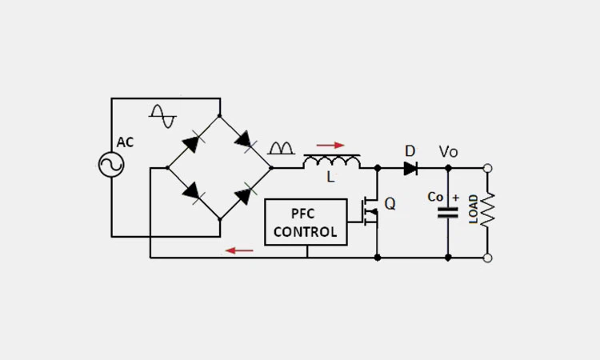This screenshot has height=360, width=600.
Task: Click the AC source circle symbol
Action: pos(111,165)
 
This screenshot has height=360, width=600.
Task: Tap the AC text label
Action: pos(126,142)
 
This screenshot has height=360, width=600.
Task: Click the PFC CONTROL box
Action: pos(306,222)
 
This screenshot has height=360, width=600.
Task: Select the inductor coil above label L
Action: pos(332,162)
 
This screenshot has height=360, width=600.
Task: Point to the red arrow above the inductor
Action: pos(330,146)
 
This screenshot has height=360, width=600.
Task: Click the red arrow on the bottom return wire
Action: pos(238,250)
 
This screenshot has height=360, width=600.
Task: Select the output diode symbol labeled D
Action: pos(410,168)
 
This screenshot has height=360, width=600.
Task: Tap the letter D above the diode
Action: pos(410,151)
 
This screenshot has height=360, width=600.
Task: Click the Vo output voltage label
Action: pos(448,151)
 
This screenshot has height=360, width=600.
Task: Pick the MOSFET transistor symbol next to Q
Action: pos(370,211)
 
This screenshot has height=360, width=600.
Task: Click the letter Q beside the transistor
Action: pos(390,204)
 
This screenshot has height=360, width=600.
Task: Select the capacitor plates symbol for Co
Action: pos(447,213)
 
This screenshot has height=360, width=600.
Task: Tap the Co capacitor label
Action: pos(435,197)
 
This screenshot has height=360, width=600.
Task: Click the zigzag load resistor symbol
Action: pos(488,210)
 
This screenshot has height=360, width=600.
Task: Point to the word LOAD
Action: pos(474,210)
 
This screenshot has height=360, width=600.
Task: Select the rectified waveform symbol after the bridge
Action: pos(281,148)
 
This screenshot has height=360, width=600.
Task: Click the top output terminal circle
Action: pos(488,168)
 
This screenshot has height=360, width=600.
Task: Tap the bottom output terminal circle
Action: pos(488,258)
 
